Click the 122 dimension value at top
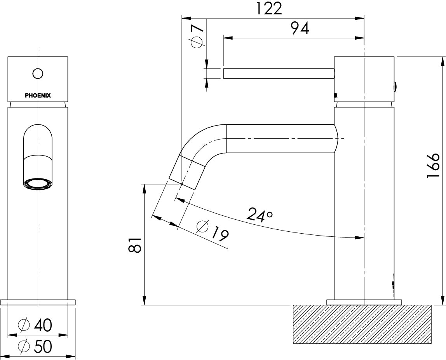[x=268, y=9]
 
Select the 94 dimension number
[x=300, y=28]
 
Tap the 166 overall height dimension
[x=433, y=166]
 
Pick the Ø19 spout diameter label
[x=213, y=231]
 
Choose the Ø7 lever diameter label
[x=197, y=36]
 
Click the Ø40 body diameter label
[x=35, y=325]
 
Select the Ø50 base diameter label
[x=35, y=346]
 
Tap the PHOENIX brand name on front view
[x=38, y=95]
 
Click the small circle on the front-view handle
[x=38, y=73]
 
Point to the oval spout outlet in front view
[x=38, y=184]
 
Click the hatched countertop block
[x=362, y=324]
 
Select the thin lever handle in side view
[x=278, y=73]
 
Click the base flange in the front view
[x=38, y=302]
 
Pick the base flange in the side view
[x=364, y=302]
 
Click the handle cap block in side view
[x=364, y=80]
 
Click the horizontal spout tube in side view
[x=280, y=138]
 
